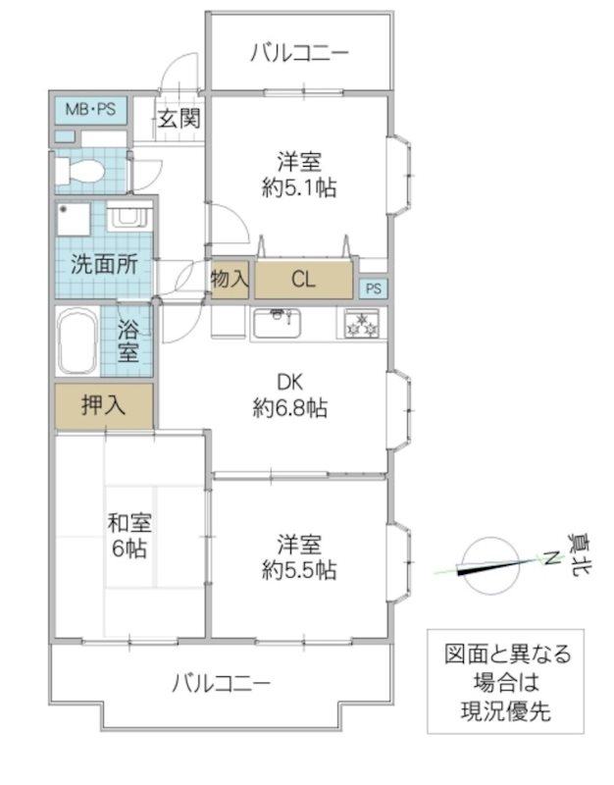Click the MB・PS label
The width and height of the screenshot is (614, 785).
click(x=90, y=109)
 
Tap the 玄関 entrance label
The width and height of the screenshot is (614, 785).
click(x=179, y=120)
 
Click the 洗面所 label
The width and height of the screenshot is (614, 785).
click(x=103, y=263)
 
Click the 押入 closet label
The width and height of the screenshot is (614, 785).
click(x=103, y=405)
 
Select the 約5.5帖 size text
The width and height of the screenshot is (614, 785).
click(x=300, y=569)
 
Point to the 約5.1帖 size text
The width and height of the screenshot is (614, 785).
click(x=299, y=188)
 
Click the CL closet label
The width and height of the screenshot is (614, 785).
click(x=303, y=280)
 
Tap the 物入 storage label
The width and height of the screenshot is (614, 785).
click(x=230, y=280)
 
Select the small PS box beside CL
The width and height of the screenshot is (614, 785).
click(x=373, y=288)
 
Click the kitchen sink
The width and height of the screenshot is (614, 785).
click(x=281, y=322)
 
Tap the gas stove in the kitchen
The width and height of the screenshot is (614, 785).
click(x=362, y=323)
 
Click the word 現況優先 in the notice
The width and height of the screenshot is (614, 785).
click(x=505, y=709)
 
